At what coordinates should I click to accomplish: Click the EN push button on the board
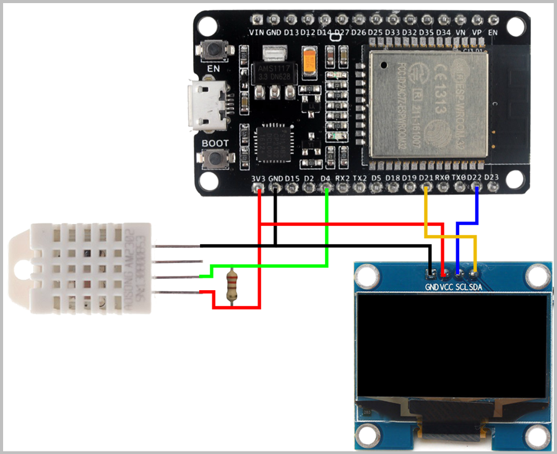coord(214,49)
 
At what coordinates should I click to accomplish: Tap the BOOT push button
coord(215,158)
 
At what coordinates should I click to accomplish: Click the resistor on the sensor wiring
coord(232,285)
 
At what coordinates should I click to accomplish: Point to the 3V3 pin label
coord(259,178)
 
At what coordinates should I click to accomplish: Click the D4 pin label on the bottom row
coord(326,178)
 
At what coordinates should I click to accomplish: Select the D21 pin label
coord(426,178)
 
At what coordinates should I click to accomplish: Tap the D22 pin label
coord(475,178)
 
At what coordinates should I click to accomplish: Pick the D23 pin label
coord(492,178)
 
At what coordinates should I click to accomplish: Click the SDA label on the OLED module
coord(476,287)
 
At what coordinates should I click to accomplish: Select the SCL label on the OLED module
coord(461,287)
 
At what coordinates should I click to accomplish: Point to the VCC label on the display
coord(446,287)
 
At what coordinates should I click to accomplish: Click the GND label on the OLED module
coord(431,287)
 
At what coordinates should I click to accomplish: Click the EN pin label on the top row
coord(493,32)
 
